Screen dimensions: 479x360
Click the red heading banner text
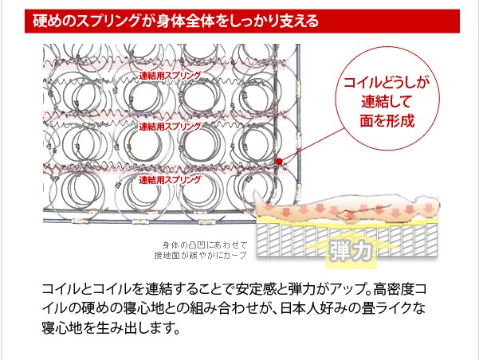[x=175, y=21]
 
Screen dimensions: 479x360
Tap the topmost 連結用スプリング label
[x=170, y=76]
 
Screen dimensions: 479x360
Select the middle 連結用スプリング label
[x=170, y=127]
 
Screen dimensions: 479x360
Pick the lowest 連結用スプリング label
[x=170, y=180]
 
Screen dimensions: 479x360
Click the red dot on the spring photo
[x=279, y=161]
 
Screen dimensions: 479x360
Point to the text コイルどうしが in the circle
[x=387, y=83]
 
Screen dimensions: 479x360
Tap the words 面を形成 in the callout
[x=387, y=120]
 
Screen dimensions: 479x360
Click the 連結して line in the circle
[x=386, y=102]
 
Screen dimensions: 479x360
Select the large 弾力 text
[x=351, y=252]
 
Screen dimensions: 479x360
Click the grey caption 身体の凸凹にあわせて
[x=205, y=245]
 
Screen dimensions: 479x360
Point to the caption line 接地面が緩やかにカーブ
[x=200, y=256]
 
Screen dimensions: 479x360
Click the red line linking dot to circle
[x=312, y=145]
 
